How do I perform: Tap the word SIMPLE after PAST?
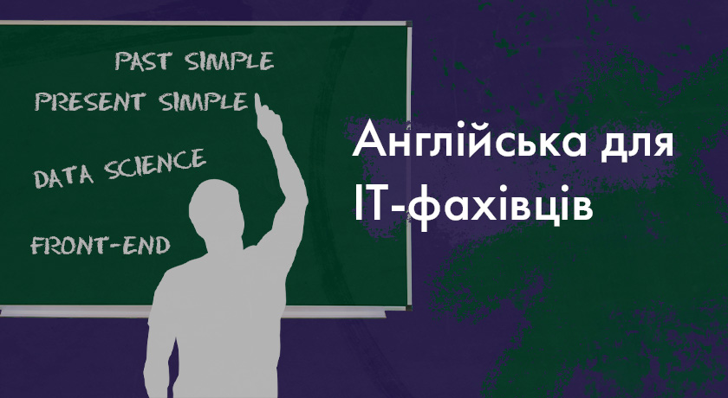pos(229,61)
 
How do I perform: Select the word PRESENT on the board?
pos(90,101)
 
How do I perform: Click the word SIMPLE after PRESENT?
pos(204,102)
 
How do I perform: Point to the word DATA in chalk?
pos(63,177)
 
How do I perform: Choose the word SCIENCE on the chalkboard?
pos(154,164)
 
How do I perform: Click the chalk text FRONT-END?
pos(101,245)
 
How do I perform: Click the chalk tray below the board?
pos(192,311)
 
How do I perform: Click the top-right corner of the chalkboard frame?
pos(411,22)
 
